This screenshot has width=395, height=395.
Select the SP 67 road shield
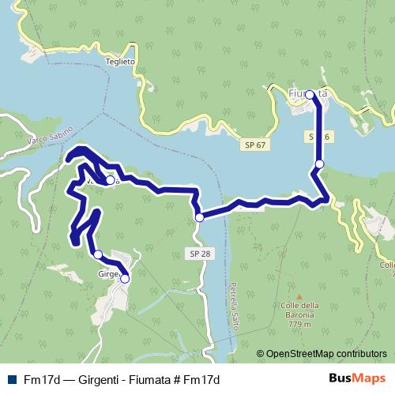click(x=254, y=146)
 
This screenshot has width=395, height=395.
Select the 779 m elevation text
click(x=298, y=324)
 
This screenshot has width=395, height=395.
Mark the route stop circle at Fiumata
click(x=310, y=95)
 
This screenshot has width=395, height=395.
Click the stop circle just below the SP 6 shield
click(x=319, y=164)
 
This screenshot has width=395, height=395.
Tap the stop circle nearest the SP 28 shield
click(x=200, y=217)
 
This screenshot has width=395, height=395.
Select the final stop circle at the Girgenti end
click(x=125, y=278)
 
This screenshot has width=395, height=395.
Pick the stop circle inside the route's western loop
click(x=110, y=180)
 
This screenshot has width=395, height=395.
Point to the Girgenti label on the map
click(x=107, y=275)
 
